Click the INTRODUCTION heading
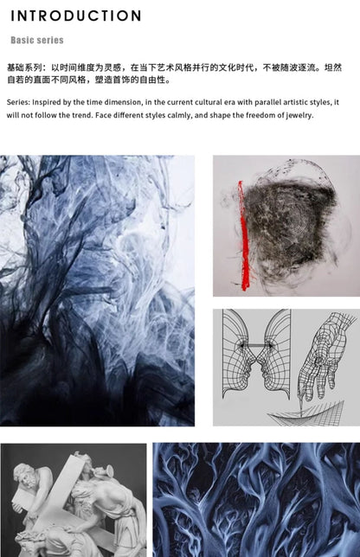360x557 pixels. pos(76,16)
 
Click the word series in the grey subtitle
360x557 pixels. pos(51,40)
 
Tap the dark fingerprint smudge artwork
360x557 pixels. pos(290,227)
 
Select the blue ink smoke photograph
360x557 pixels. pos(97,291)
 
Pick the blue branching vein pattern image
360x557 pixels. pos(256,500)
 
